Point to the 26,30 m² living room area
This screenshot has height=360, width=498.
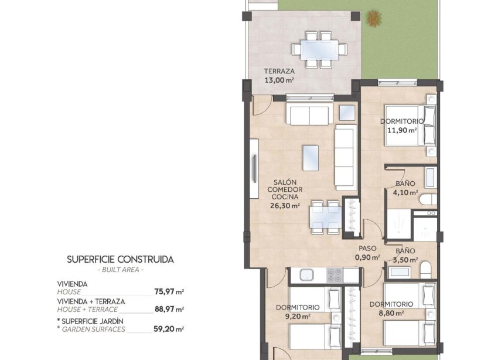coord(284,206)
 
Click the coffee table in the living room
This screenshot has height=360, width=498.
coord(311,157)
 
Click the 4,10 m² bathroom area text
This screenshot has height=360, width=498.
coord(405,192)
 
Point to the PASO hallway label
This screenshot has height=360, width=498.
coord(367,248)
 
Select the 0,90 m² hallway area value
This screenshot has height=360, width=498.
coord(367,256)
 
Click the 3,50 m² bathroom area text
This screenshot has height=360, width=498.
coord(405,260)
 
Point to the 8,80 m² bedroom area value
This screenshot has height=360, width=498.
coord(391,313)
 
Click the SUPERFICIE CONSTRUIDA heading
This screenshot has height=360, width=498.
coord(120,259)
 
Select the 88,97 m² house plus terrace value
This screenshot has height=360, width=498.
coord(169,309)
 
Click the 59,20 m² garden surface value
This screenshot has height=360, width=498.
coord(169,329)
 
